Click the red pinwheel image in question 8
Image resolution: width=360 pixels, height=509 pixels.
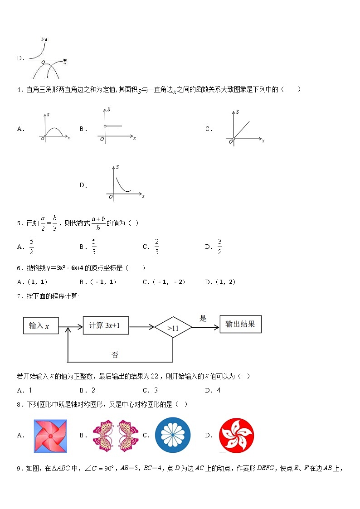click(50, 436)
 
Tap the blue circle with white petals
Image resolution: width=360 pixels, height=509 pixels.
click(173, 435)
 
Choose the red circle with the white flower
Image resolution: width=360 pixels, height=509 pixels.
click(236, 435)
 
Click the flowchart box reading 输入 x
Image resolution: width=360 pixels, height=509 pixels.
click(41, 325)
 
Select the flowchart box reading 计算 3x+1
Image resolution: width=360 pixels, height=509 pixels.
click(105, 325)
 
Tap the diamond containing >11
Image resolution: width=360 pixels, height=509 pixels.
click(173, 327)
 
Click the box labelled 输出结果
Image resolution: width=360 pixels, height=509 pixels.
click(240, 324)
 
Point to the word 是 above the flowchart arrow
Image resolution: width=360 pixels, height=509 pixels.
click(203, 318)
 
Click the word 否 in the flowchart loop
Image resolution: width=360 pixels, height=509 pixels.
click(115, 355)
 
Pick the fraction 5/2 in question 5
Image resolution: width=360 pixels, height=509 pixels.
click(32, 247)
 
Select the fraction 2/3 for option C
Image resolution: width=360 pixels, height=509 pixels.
click(157, 247)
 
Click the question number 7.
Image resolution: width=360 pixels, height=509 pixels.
click(19, 296)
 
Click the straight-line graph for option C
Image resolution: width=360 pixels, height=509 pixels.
click(244, 127)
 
